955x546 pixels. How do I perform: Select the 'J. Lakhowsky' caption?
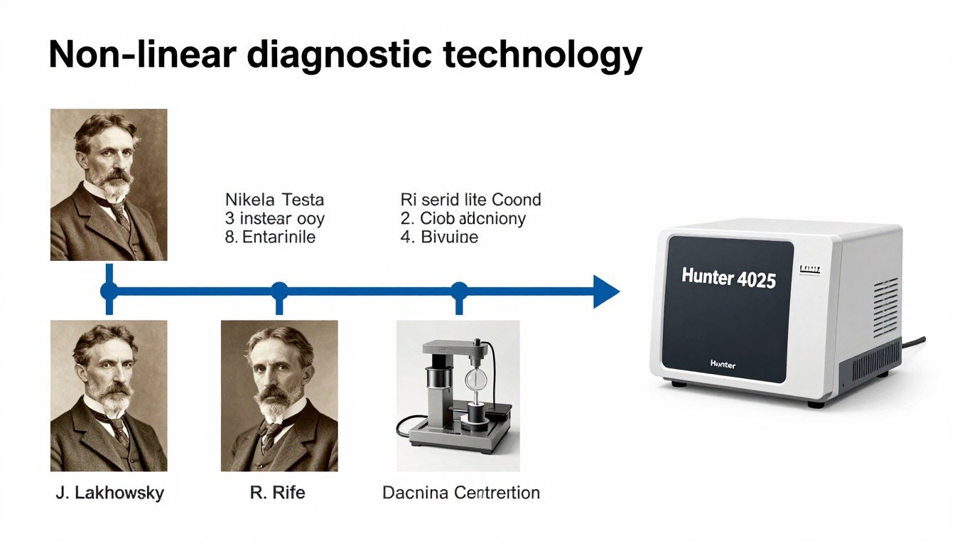click(x=109, y=492)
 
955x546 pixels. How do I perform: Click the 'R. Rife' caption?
click(x=278, y=492)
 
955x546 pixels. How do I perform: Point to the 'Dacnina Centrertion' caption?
click(x=460, y=492)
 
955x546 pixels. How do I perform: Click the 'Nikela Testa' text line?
click(x=274, y=199)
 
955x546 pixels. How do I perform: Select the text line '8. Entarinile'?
click(x=270, y=237)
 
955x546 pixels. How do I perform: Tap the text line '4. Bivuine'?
click(x=439, y=237)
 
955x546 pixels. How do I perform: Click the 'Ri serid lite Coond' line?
click(x=470, y=199)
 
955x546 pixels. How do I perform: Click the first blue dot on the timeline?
click(x=109, y=291)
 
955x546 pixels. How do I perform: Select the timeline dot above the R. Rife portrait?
click(x=279, y=291)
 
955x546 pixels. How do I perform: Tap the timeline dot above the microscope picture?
click(x=460, y=291)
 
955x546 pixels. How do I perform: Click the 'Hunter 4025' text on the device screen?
click(x=728, y=277)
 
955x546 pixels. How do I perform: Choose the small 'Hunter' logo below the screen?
click(x=723, y=364)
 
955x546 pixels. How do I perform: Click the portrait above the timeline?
click(x=109, y=184)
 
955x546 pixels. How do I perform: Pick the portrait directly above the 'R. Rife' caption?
click(x=279, y=395)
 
